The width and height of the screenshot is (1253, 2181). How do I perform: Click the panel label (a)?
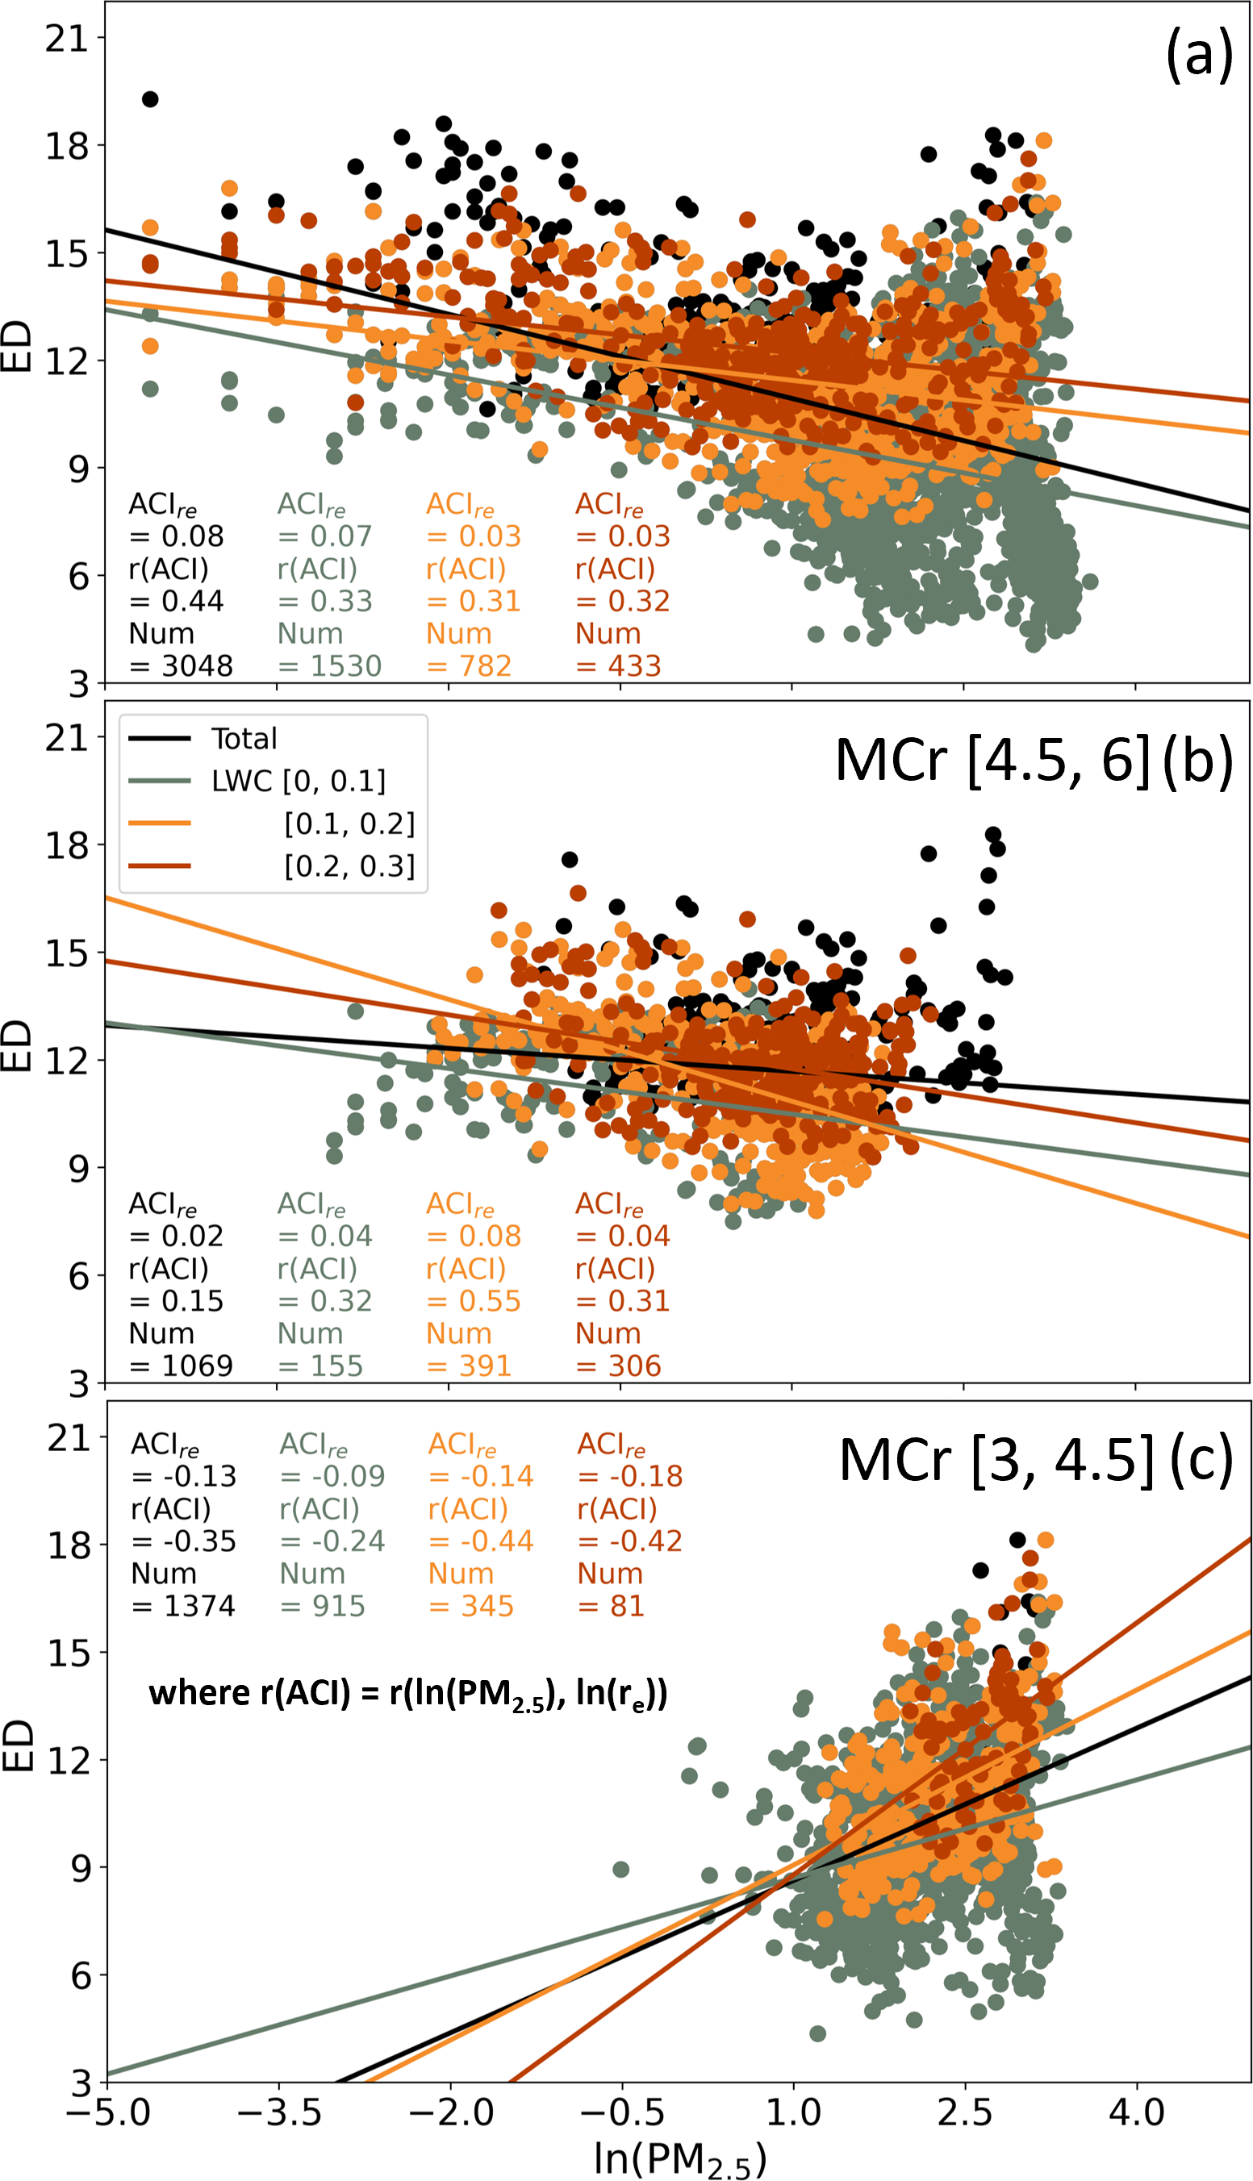coord(1199,55)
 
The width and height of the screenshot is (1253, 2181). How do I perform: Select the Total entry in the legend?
coord(244,739)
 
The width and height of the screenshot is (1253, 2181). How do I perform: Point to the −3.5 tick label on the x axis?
coord(279,2112)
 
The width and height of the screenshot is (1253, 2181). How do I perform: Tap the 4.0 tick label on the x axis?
coord(1137,2112)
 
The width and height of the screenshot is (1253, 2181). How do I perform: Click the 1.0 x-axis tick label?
coord(792,2112)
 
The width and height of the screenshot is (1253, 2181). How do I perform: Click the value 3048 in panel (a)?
coord(197,666)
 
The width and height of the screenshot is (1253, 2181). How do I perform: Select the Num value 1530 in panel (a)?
coord(346,666)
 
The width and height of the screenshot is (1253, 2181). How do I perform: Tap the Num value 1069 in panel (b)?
coord(197,1366)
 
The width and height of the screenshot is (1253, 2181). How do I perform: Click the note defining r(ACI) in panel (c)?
coord(408,1694)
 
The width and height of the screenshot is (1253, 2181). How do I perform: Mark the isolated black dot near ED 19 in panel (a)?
coord(150,99)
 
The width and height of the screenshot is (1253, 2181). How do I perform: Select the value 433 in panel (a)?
coord(634,666)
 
